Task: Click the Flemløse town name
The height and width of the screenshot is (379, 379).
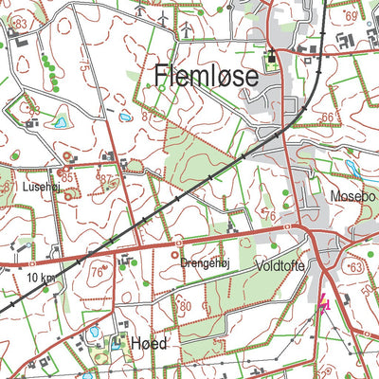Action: point(206,77)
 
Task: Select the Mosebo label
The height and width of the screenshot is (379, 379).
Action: point(352,196)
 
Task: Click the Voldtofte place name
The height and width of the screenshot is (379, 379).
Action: point(280,268)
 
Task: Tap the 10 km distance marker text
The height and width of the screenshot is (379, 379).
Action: point(41,278)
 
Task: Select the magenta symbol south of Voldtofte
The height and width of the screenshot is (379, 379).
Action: point(324,303)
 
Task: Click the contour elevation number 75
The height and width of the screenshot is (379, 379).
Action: point(85,68)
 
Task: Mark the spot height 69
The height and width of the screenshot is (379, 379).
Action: point(352,17)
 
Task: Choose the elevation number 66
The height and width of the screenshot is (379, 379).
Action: point(327,117)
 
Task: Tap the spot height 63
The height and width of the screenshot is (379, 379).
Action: point(357,270)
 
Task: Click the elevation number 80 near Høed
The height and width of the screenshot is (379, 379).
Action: point(186,305)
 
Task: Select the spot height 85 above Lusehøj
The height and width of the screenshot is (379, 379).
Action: point(65,176)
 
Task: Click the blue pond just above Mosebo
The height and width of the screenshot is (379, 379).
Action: point(353,168)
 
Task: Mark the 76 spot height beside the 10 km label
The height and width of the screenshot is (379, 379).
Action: point(95,272)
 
